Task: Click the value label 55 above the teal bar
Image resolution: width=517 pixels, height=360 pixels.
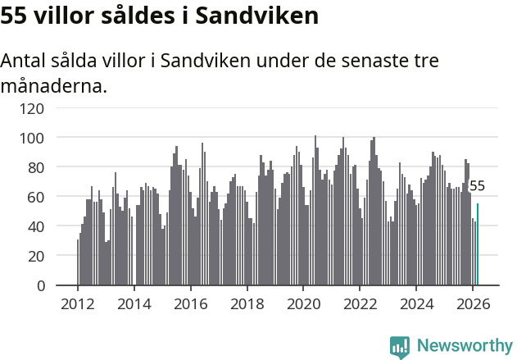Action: click(x=477, y=186)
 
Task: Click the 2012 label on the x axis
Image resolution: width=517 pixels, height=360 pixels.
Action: click(x=78, y=303)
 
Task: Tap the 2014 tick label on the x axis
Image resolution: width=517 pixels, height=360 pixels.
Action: click(x=134, y=303)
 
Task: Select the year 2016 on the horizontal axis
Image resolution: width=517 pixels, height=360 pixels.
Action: click(x=190, y=303)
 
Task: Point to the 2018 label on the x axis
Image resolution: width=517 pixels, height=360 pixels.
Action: click(x=247, y=303)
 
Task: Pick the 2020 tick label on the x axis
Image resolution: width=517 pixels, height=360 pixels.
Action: click(x=303, y=303)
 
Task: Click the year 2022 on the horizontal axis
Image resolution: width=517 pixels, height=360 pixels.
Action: click(x=360, y=303)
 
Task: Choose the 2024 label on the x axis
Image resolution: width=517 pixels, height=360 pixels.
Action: click(x=416, y=303)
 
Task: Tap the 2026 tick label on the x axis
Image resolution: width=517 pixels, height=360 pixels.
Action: click(x=473, y=303)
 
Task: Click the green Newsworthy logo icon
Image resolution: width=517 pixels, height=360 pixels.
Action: click(x=400, y=346)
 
